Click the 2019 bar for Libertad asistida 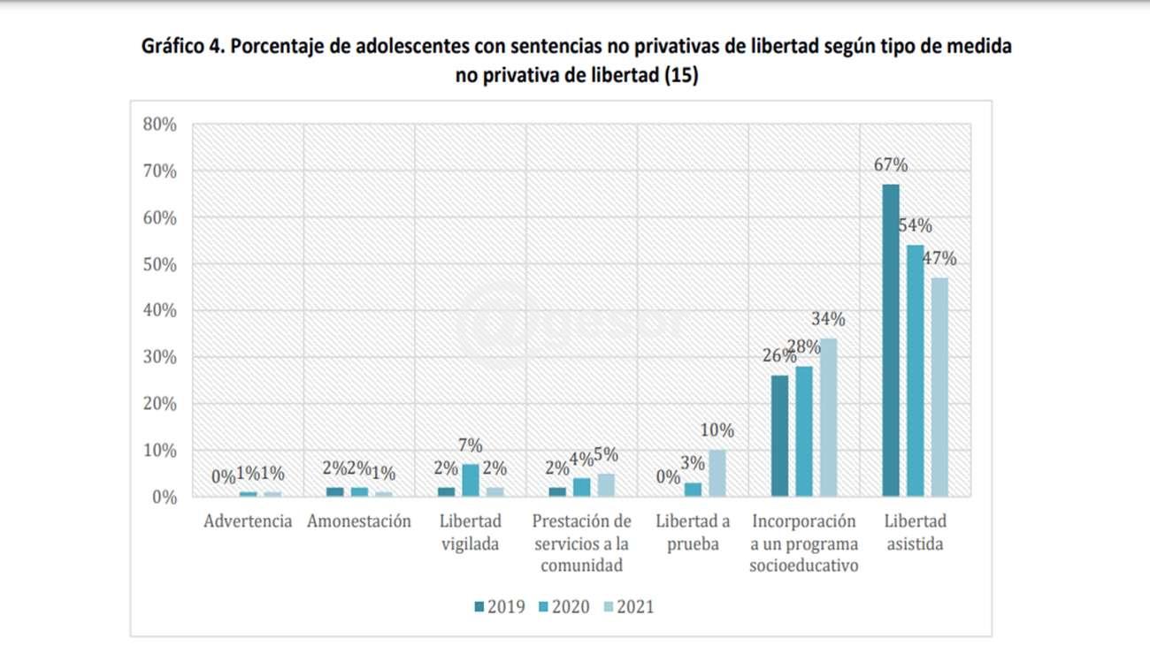(x=891, y=340)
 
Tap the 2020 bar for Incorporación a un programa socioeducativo (x=803, y=431)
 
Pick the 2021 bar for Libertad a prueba (x=717, y=473)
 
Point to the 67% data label (x=892, y=165)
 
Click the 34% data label (x=829, y=319)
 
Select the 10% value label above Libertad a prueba (x=717, y=430)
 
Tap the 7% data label (x=470, y=445)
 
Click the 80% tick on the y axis (x=159, y=125)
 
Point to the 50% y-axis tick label (x=159, y=264)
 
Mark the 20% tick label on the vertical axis (x=159, y=404)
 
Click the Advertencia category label (x=248, y=521)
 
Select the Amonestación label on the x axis (x=359, y=521)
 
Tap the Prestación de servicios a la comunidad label (x=581, y=543)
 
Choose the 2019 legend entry (x=501, y=606)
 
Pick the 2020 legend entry (x=564, y=606)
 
